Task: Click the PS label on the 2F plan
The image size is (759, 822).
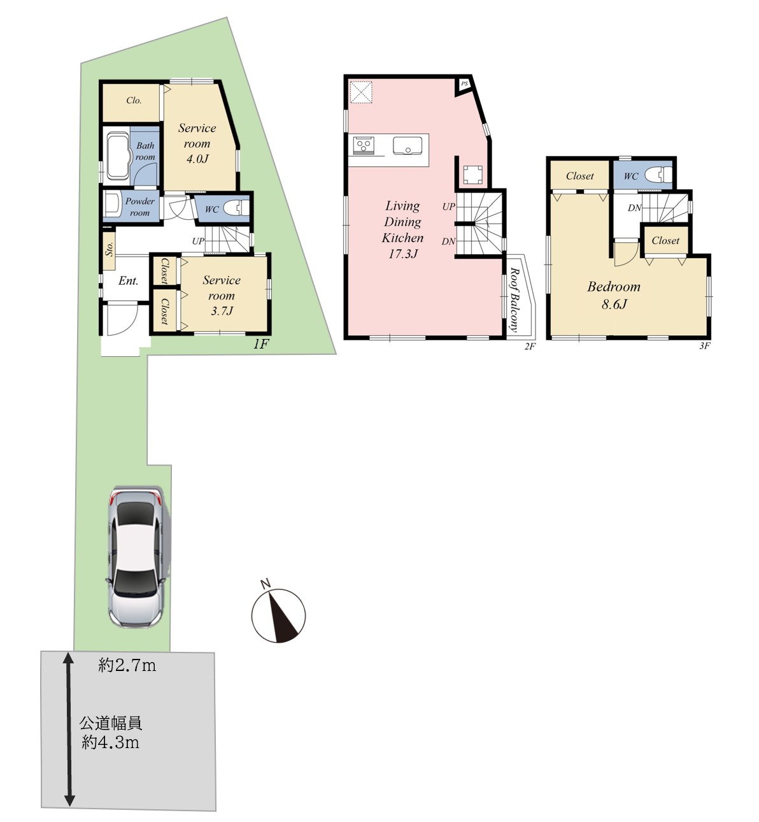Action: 464,83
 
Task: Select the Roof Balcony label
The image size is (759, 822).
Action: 514,300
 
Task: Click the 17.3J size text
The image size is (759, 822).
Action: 403,254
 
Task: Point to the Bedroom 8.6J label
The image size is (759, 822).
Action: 614,295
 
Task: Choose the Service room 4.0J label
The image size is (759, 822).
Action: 197,143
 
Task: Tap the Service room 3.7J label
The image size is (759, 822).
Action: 222,295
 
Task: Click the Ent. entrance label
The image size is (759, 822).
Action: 128,281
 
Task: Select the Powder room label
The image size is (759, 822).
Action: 140,207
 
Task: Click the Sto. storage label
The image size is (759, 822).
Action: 109,249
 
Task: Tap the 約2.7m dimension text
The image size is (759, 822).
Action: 127,665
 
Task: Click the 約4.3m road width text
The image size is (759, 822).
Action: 110,742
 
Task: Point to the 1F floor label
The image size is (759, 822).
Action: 262,344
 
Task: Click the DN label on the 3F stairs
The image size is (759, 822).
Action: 634,208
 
